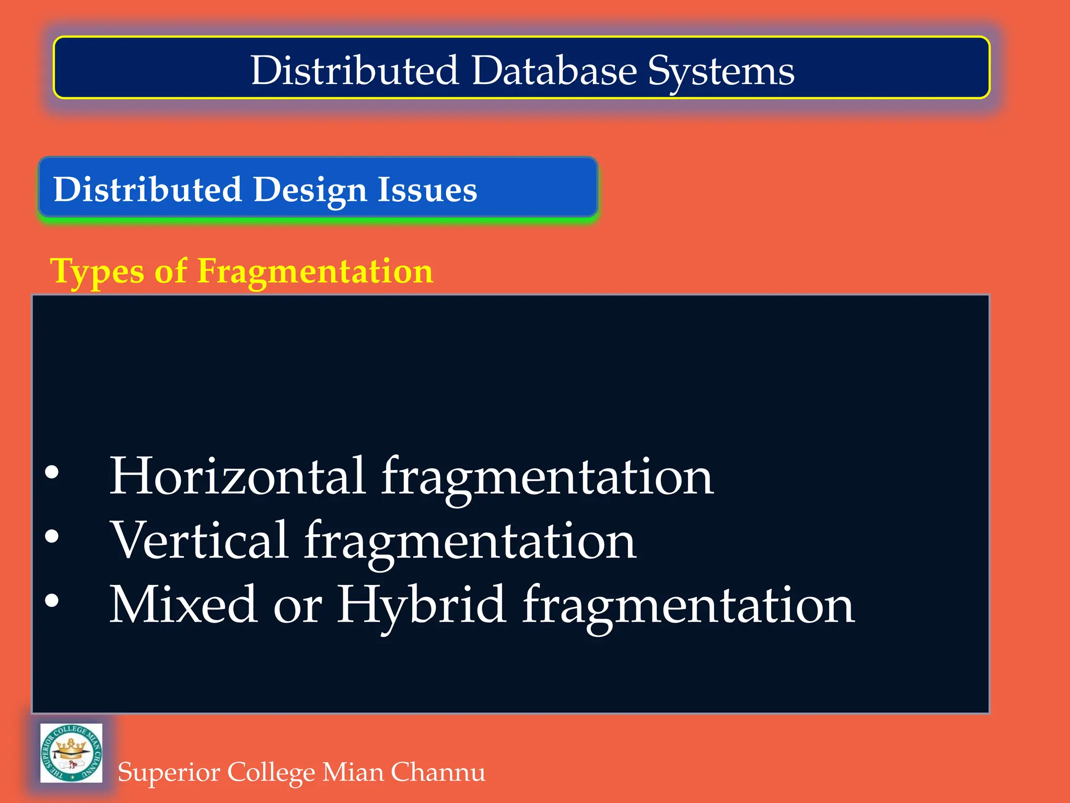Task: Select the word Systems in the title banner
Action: pyautogui.click(x=721, y=72)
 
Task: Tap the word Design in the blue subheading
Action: pyautogui.click(x=310, y=189)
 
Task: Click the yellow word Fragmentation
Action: pyautogui.click(x=315, y=271)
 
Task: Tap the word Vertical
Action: pyautogui.click(x=200, y=540)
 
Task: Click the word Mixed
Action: pyautogui.click(x=183, y=604)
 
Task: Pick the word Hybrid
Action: pyautogui.click(x=421, y=605)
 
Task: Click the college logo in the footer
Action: pyautogui.click(x=72, y=753)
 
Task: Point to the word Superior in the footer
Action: pyautogui.click(x=169, y=773)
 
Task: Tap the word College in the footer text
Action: pyautogui.click(x=271, y=773)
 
